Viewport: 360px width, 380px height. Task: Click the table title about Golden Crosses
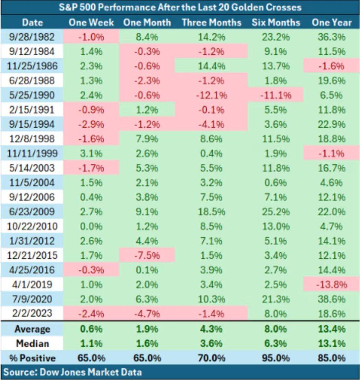[180, 7]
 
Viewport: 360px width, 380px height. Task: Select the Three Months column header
[212, 23]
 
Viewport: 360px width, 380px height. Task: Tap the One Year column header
[331, 23]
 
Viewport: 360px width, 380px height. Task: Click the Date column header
[32, 23]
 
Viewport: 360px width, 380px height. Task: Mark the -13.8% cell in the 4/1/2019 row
[331, 285]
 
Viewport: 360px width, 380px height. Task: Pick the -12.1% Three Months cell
[212, 95]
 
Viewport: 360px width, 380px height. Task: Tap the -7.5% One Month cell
[147, 256]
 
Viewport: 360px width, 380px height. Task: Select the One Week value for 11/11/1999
[91, 154]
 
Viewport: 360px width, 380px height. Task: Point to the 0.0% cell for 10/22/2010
[91, 226]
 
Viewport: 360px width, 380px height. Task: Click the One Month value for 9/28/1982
[147, 37]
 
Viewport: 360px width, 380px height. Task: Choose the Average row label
[32, 329]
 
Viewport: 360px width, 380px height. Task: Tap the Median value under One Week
[91, 344]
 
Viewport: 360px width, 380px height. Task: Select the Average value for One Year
[331, 329]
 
